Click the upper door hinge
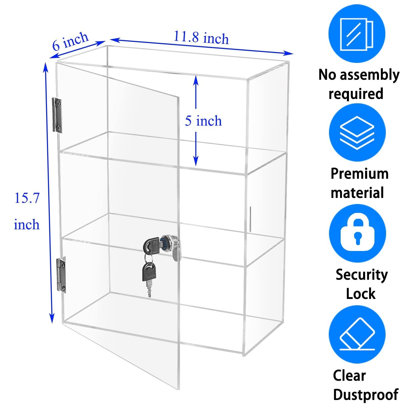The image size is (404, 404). (x=57, y=115)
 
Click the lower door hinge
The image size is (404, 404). (x=61, y=275)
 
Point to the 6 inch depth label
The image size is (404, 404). (x=70, y=41)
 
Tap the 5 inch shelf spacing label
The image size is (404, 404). (x=203, y=121)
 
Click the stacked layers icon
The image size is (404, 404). (x=357, y=133)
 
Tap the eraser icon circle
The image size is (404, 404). (x=357, y=334)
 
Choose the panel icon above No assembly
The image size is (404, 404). (x=357, y=34)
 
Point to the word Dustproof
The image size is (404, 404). (x=366, y=395)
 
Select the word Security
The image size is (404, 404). (x=362, y=275)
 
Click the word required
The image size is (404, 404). (x=356, y=94)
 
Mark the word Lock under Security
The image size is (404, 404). (x=361, y=294)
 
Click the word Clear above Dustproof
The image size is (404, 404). (x=349, y=375)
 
